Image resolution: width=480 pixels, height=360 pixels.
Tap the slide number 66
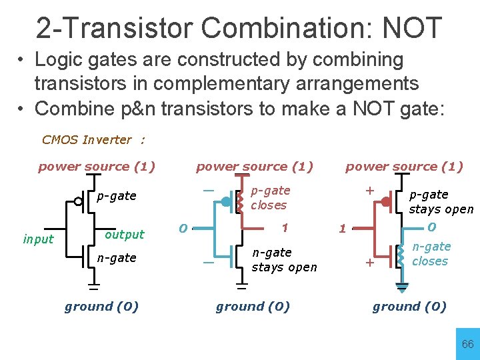[x=468, y=344]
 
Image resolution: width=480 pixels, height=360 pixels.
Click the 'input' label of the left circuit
[x=38, y=239]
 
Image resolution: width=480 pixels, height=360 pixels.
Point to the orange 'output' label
[x=125, y=234]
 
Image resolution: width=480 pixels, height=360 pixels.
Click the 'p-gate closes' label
[x=270, y=198]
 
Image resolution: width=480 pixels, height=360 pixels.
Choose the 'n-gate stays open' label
[x=284, y=260]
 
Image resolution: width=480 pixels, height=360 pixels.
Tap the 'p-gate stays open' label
[x=441, y=201]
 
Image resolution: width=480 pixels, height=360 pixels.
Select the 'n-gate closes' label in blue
[x=431, y=254]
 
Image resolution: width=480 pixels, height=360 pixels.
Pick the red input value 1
[x=342, y=229]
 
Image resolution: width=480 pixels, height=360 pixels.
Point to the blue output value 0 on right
[x=431, y=227]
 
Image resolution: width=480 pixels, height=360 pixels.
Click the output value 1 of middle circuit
[x=284, y=227]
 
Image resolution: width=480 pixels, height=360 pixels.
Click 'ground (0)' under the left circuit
[x=101, y=307]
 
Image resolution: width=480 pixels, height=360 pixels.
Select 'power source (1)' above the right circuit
[x=404, y=167]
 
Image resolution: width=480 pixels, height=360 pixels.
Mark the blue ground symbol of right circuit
[x=402, y=288]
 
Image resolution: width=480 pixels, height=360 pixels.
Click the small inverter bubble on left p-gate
[x=78, y=201]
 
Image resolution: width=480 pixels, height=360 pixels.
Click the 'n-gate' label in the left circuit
[x=117, y=257]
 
